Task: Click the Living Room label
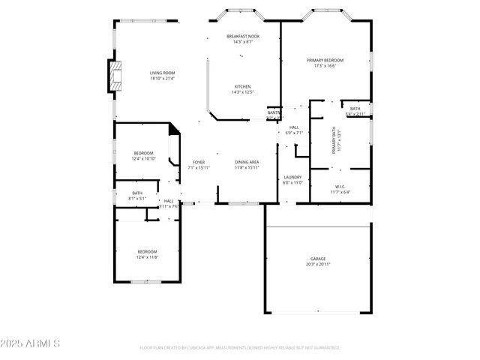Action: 162,73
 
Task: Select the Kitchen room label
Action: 243,86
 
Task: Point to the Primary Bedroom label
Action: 325,60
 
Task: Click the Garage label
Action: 318,259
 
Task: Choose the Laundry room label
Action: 292,177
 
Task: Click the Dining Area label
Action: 247,162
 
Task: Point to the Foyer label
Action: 199,162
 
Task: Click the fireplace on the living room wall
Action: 114,76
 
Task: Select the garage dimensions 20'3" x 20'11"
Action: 318,264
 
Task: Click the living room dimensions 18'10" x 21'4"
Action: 162,78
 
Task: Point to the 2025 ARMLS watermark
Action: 31,343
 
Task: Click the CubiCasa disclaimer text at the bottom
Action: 240,348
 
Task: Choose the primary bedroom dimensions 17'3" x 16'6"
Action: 325,65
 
